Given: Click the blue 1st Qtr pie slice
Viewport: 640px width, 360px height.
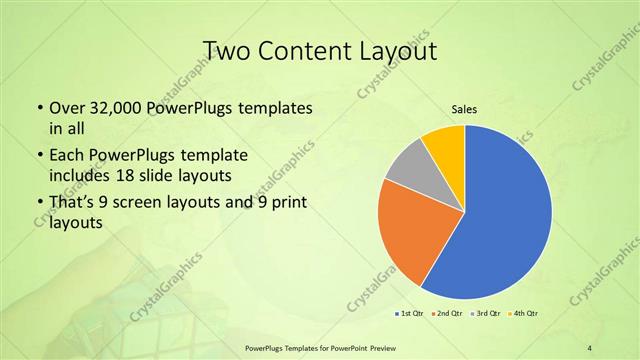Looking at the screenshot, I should click(500, 220).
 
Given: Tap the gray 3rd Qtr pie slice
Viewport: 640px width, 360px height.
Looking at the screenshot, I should click(409, 170).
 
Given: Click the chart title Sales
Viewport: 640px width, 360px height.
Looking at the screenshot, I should click(465, 109).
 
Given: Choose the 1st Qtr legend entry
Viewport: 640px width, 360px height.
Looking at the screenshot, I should click(410, 314).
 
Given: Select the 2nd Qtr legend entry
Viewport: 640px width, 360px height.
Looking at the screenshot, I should click(448, 314).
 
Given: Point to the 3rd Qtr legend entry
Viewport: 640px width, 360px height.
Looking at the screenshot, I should click(487, 314).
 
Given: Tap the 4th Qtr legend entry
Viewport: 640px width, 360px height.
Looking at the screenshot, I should click(525, 314).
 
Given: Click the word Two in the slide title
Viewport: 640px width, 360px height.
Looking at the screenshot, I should click(224, 50).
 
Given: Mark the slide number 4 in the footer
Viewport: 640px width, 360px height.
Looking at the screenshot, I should click(590, 347).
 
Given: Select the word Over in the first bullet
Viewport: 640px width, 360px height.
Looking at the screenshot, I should click(66, 107).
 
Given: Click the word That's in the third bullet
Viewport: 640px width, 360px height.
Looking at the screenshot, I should click(72, 206).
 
